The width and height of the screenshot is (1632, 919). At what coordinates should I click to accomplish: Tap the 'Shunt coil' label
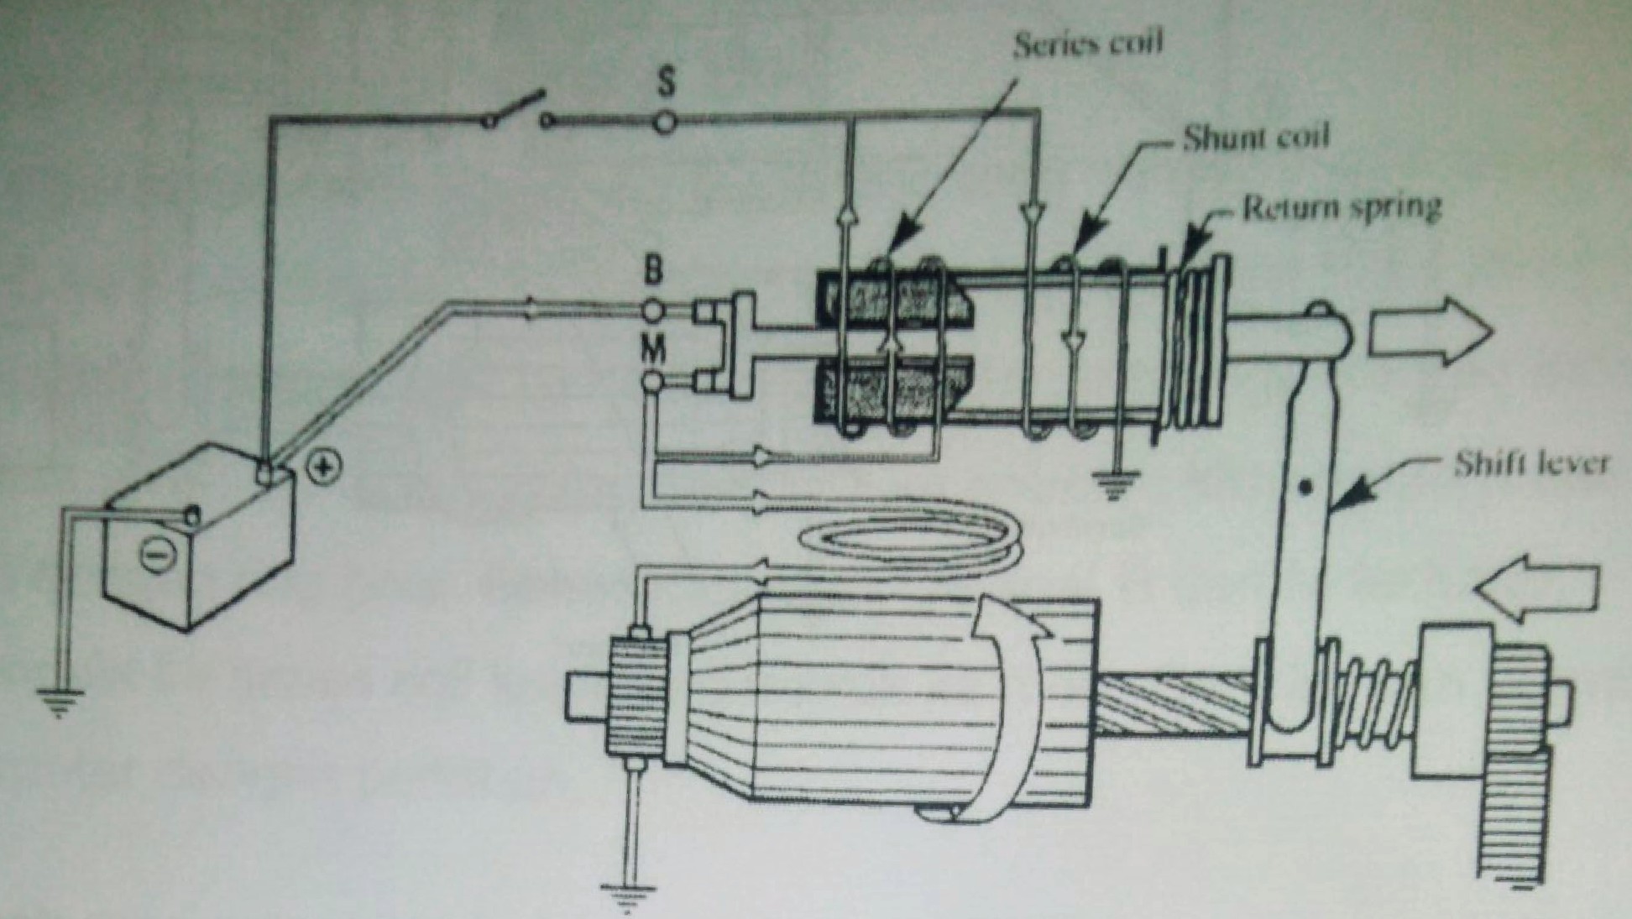coord(1256,138)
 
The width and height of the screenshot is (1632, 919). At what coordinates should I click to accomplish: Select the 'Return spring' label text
coord(1342,206)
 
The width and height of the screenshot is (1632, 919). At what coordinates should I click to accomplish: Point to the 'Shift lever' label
coord(1530,463)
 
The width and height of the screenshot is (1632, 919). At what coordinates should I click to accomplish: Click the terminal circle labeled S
coord(665,122)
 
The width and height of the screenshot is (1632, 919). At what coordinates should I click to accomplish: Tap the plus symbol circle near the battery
coord(325,467)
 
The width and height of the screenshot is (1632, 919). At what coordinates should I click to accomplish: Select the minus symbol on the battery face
coord(154,555)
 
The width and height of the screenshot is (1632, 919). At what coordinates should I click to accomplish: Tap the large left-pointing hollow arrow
coord(1536,591)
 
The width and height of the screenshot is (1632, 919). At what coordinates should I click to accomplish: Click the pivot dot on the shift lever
coord(1304,488)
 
